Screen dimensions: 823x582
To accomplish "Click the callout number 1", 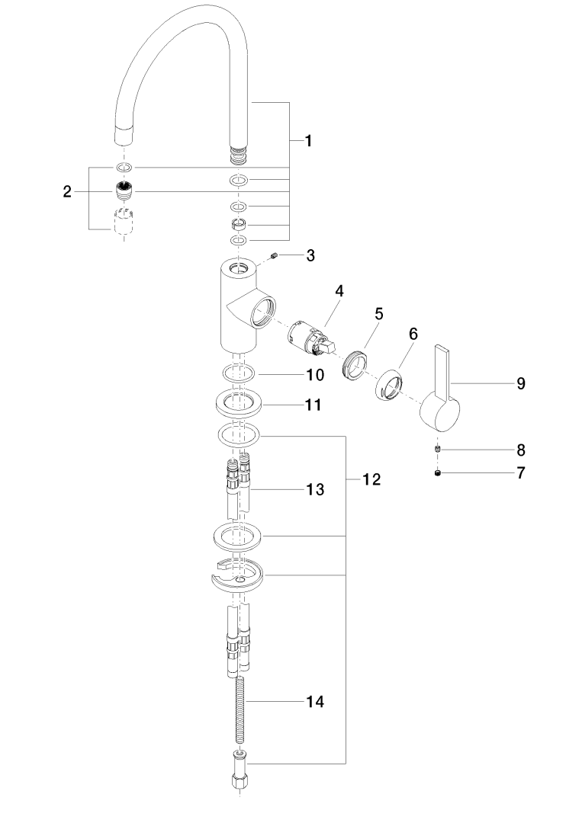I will (308, 140).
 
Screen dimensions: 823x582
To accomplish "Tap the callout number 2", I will (67, 192).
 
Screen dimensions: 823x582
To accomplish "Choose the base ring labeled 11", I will (240, 403).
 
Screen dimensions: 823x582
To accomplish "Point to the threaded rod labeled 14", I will (240, 701).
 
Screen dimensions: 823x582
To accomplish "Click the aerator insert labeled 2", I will (124, 190).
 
